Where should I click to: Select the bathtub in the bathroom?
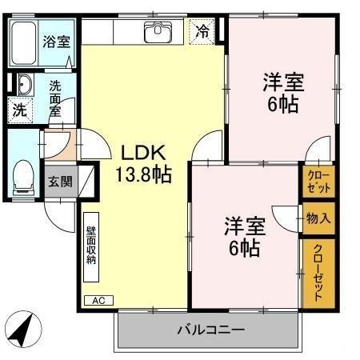pyautogui.click(x=23, y=44)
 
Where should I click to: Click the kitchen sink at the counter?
pyautogui.click(x=157, y=32)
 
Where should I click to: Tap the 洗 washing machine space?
pyautogui.click(x=18, y=109)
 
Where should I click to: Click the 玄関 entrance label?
pyautogui.click(x=59, y=181)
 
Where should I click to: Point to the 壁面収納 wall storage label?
pyautogui.click(x=92, y=240)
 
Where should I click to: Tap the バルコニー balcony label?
pyautogui.click(x=210, y=329)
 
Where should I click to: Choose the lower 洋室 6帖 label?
pyautogui.click(x=241, y=237)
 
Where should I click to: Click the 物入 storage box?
pyautogui.click(x=318, y=217)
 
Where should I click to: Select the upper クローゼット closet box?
pyautogui.click(x=316, y=182)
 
